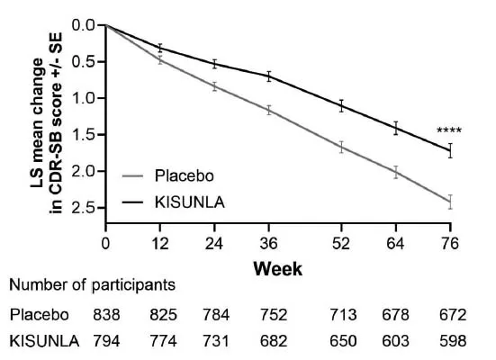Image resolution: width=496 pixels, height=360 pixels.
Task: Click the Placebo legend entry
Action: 183,175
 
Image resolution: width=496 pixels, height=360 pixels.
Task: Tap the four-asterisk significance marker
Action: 449,131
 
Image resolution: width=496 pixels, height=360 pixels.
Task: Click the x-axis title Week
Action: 277,268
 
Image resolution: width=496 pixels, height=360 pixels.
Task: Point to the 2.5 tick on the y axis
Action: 85,208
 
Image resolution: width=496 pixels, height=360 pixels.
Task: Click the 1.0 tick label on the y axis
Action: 85,98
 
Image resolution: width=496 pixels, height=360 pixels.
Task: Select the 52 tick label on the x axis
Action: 341,243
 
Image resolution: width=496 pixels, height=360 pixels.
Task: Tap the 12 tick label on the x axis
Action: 160,243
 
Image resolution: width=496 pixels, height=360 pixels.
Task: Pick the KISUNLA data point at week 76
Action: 450,150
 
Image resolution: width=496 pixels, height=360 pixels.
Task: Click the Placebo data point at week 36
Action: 268,110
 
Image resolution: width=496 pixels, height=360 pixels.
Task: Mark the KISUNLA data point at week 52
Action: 341,105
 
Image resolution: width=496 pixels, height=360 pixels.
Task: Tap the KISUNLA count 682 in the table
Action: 269,342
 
